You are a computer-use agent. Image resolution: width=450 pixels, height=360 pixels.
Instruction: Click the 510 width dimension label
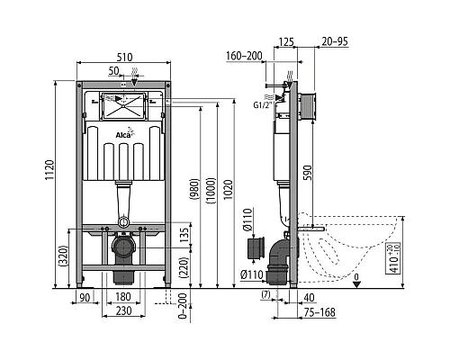(x=124, y=57)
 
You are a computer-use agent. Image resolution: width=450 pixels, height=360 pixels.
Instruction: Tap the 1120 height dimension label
(x=49, y=170)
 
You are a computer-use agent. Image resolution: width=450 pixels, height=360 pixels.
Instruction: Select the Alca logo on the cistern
(x=125, y=133)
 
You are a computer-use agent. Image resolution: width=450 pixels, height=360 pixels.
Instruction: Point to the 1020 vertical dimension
(x=229, y=190)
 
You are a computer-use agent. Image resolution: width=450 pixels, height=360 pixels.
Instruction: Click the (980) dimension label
(x=194, y=190)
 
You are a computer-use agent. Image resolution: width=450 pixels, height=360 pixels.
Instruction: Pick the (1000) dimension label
(x=211, y=191)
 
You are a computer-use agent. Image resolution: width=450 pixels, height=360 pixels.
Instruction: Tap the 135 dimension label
(x=184, y=235)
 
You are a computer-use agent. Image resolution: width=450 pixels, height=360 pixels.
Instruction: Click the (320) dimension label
(x=64, y=256)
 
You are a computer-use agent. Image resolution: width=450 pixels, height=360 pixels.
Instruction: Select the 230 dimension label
(x=123, y=310)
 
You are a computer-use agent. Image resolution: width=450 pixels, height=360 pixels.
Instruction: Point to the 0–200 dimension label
(x=183, y=306)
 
